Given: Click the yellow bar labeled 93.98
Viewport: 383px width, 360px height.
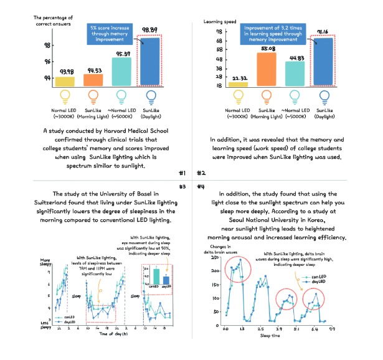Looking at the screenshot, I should point(64,81).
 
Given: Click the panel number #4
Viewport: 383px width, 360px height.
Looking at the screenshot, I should point(201,186).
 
